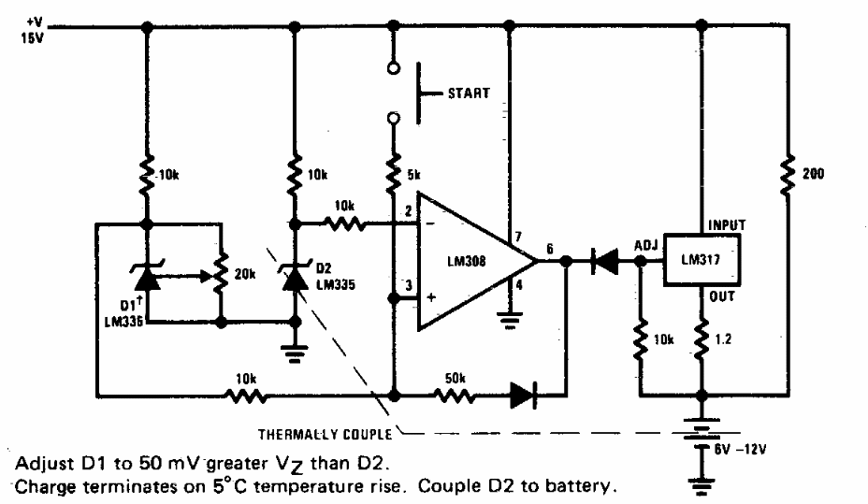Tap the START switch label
pos(469,94)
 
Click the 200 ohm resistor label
pos(814,174)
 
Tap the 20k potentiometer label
pos(245,274)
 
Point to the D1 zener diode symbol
pos(146,277)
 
